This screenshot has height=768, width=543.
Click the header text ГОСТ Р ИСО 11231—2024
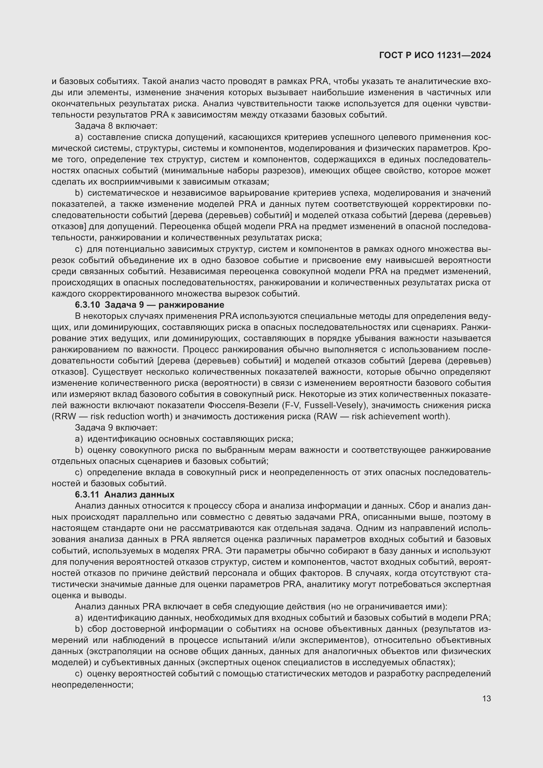coord(435,55)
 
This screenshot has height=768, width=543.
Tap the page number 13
coord(487,698)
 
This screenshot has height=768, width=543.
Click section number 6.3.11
coord(87,494)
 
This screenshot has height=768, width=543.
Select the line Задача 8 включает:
coord(116,126)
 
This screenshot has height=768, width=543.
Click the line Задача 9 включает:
coord(116,428)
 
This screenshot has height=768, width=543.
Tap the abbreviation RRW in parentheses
coord(62,416)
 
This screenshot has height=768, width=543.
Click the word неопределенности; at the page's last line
coord(93,685)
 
